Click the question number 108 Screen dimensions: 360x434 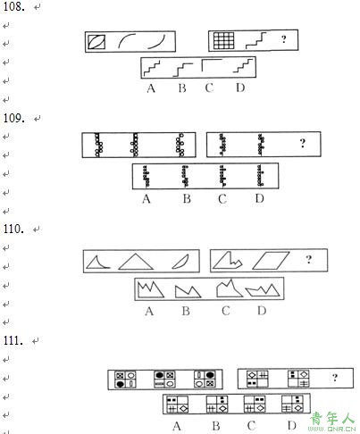click(13, 6)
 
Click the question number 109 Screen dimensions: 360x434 click(13, 118)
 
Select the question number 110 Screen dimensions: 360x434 click(13, 229)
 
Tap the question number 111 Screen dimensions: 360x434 click(13, 340)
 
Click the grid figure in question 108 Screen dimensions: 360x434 click(224, 40)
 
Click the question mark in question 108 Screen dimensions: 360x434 click(284, 39)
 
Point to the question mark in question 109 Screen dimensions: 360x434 click(303, 143)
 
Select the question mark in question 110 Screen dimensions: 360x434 click(309, 259)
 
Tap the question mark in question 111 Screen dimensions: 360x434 click(335, 378)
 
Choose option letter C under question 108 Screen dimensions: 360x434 click(209, 88)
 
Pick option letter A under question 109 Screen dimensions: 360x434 click(147, 198)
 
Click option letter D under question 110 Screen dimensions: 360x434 click(262, 311)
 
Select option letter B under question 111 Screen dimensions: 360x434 click(216, 426)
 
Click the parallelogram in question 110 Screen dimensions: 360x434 click(271, 261)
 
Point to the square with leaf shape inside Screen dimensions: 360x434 click(96, 41)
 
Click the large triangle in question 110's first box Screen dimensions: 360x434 click(136, 262)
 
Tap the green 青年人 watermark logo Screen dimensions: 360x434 click(332, 421)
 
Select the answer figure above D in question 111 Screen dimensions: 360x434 click(292, 404)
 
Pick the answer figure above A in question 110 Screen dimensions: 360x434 click(150, 289)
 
